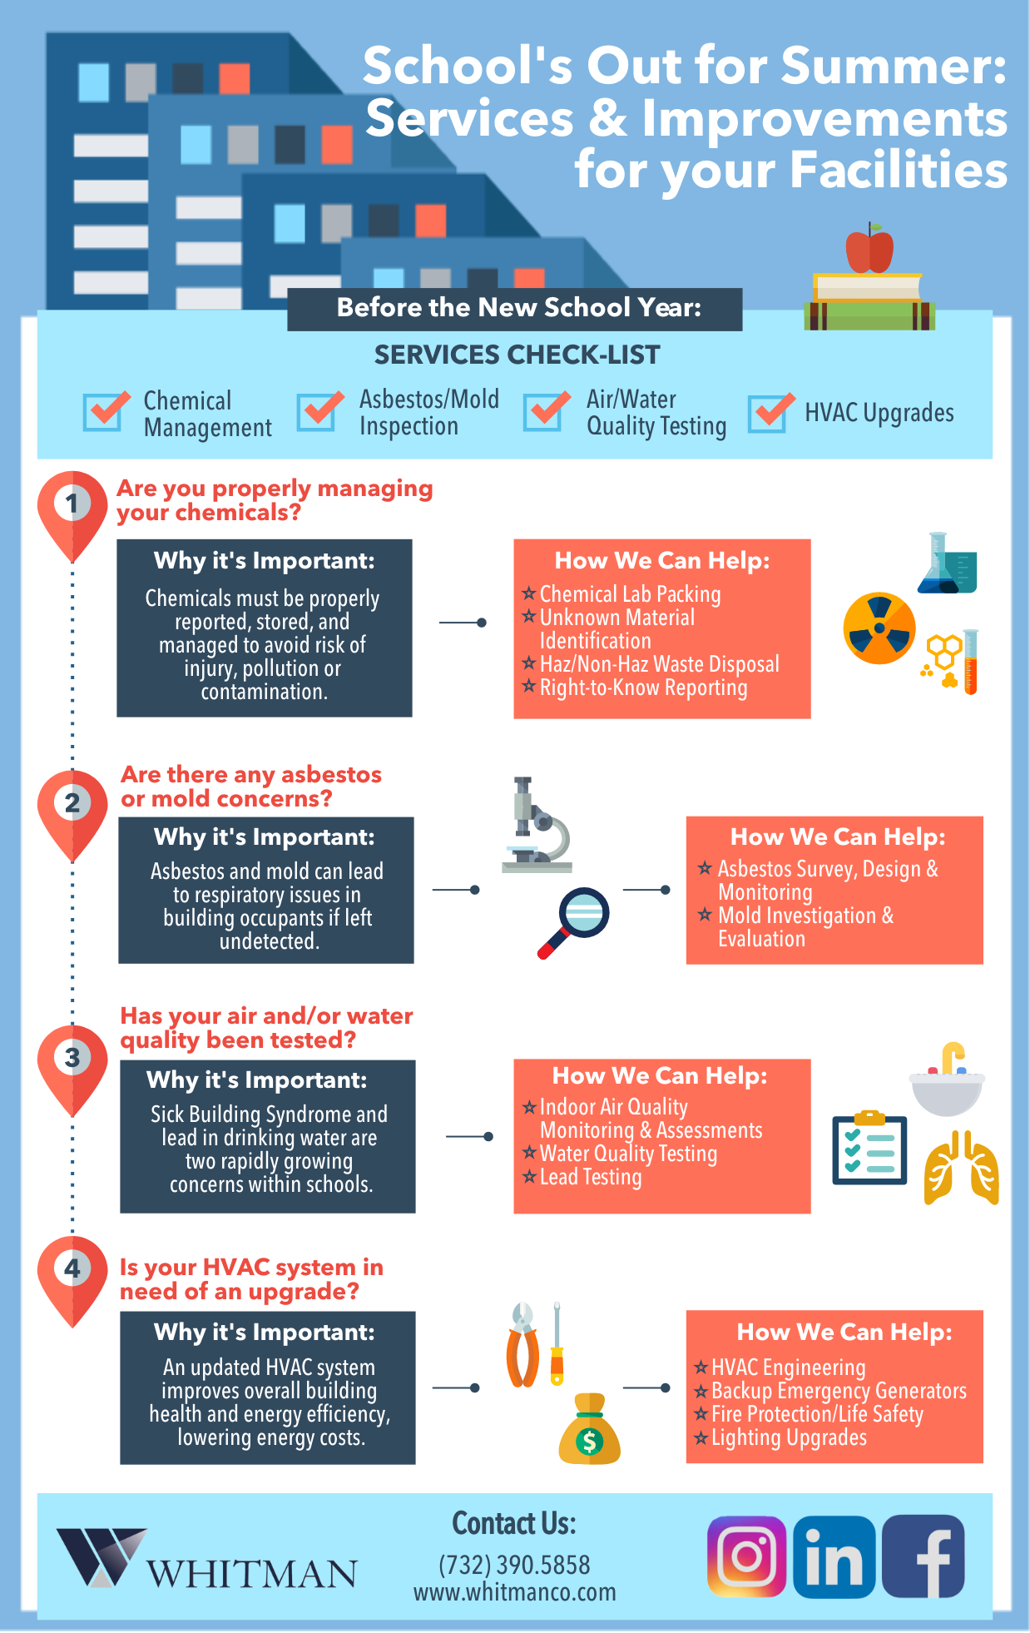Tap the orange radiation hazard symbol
879,628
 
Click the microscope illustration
537,825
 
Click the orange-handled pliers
523,1345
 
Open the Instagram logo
747,1556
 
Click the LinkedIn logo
834,1556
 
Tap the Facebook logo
924,1556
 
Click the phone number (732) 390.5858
514,1565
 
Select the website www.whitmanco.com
515,1592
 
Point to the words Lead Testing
591,1177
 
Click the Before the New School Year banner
515,309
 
